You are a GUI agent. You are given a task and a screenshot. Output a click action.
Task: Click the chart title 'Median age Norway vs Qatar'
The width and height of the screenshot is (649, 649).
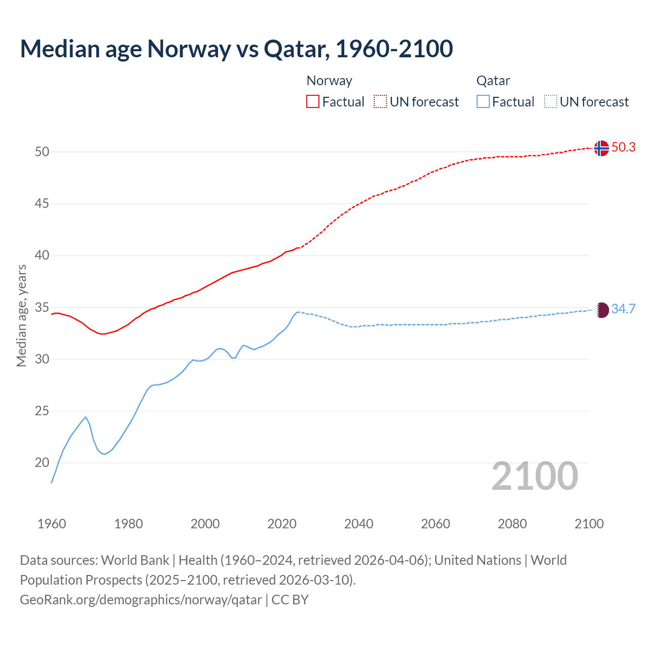click(236, 49)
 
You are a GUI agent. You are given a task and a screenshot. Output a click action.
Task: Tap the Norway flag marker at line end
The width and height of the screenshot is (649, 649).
click(601, 148)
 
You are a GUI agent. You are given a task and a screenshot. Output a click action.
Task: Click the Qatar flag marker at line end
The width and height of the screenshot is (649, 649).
click(601, 310)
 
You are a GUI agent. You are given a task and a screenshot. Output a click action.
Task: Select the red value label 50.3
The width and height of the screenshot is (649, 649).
click(623, 148)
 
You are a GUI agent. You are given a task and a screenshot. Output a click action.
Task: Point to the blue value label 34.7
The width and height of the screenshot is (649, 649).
click(623, 309)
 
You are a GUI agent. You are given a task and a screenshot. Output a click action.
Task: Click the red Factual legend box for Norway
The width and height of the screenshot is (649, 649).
click(313, 102)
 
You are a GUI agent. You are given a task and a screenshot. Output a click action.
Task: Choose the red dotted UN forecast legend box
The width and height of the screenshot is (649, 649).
click(380, 102)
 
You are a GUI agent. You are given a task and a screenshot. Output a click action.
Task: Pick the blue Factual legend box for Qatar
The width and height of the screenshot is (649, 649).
click(483, 102)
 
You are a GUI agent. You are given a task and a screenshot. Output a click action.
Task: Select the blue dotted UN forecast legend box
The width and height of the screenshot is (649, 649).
click(550, 102)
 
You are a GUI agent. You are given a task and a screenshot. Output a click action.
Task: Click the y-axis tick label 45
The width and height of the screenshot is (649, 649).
click(42, 204)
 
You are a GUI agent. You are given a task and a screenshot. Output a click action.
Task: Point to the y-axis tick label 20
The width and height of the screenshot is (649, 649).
click(42, 462)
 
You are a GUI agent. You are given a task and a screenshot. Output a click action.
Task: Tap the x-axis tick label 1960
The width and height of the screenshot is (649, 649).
click(52, 524)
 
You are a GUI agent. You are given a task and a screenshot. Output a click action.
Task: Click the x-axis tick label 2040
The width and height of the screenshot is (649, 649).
click(358, 524)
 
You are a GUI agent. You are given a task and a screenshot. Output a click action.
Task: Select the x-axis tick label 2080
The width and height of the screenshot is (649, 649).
click(512, 524)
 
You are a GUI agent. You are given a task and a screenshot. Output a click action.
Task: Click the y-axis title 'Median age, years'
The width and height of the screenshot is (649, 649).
click(22, 315)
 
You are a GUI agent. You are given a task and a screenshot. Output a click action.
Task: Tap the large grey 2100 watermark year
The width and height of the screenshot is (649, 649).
click(535, 476)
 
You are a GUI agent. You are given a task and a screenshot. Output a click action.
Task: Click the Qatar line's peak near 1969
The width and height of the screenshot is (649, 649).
click(86, 417)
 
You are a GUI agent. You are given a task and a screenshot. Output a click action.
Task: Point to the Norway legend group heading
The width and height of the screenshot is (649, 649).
click(329, 81)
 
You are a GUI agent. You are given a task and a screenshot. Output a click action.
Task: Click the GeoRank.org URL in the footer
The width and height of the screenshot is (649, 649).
click(141, 600)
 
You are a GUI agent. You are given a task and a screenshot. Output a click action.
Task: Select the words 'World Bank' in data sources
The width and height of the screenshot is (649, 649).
click(135, 560)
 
